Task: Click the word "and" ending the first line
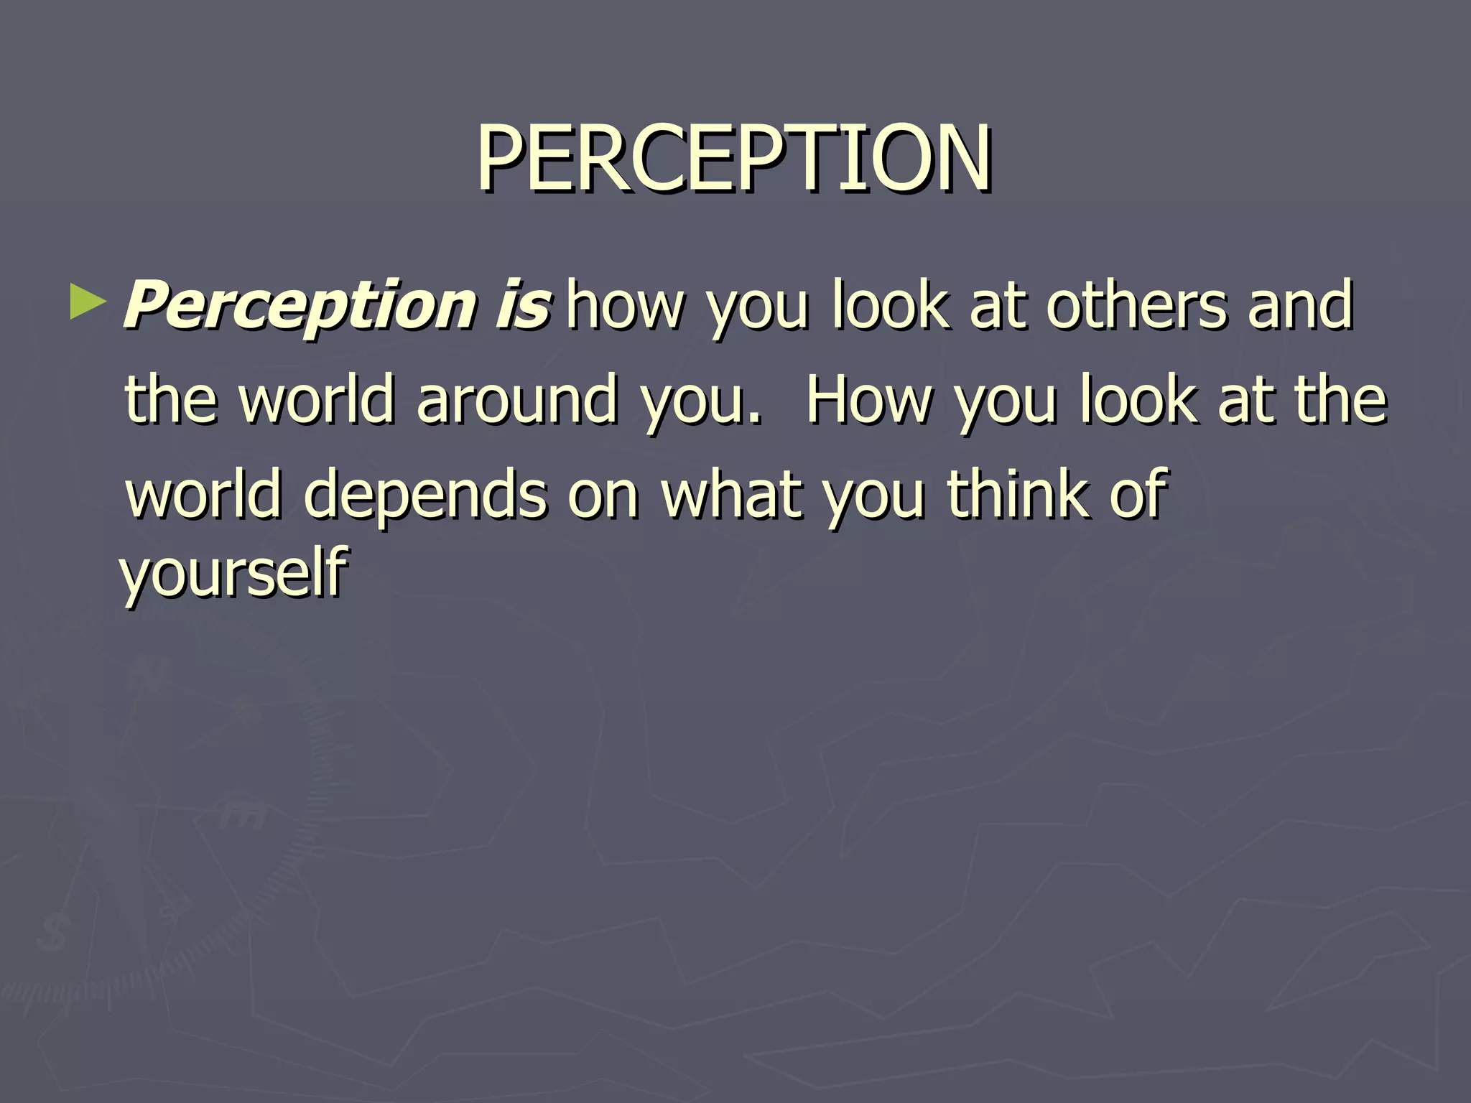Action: pyautogui.click(x=1301, y=304)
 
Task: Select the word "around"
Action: pyautogui.click(x=516, y=399)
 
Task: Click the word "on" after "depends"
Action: pyautogui.click(x=603, y=495)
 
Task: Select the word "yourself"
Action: pyautogui.click(x=234, y=572)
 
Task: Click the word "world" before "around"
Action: pyautogui.click(x=316, y=399)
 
